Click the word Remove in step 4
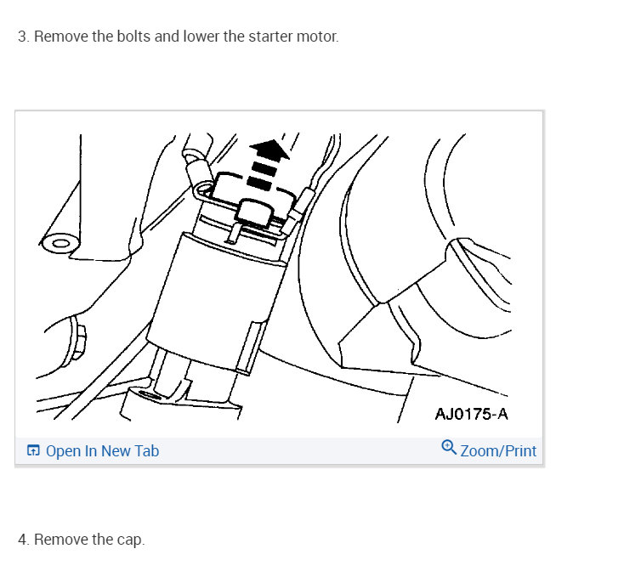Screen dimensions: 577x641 pos(60,540)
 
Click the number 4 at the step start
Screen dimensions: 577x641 pos(22,540)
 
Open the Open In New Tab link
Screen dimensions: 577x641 pos(102,451)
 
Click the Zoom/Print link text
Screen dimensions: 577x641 pos(498,451)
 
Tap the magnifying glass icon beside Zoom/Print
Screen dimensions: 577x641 pos(449,447)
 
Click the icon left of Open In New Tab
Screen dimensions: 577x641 pos(33,451)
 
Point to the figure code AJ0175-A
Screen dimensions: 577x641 pos(472,415)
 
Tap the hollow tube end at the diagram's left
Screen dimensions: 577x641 pos(60,245)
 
